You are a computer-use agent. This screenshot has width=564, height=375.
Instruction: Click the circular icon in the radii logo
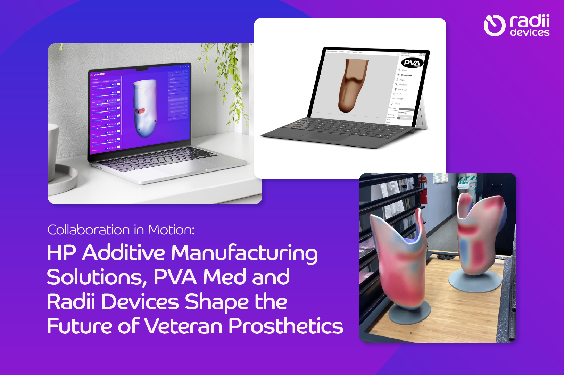[x=494, y=25]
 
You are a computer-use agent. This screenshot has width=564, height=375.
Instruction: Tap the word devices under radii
[x=530, y=33]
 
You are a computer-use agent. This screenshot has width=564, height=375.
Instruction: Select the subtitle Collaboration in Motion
[x=121, y=230]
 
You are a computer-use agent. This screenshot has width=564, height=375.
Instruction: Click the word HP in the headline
[x=61, y=253]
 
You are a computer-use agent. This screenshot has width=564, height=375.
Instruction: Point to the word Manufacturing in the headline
[x=244, y=253]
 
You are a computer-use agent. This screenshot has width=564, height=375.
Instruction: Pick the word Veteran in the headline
[x=183, y=326]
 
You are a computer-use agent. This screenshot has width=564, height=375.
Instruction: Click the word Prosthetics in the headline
[x=285, y=326]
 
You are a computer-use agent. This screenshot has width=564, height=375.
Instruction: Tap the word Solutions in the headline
[x=94, y=277]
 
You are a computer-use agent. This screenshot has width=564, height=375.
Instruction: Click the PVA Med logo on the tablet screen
[x=412, y=63]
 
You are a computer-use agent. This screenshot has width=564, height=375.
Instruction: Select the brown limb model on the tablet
[x=352, y=85]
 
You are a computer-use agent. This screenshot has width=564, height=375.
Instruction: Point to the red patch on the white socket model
[x=140, y=111]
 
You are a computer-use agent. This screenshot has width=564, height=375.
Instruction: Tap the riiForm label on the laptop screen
[x=94, y=75]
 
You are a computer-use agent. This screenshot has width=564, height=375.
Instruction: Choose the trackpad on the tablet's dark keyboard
[x=328, y=136]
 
